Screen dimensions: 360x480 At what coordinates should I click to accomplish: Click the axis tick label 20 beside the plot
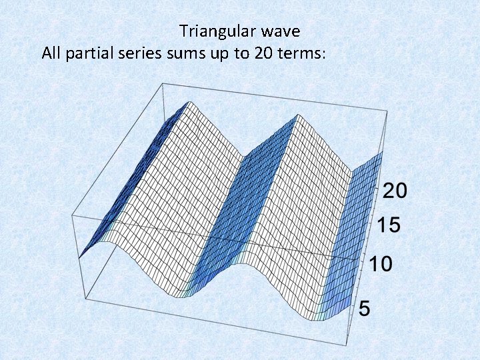[395, 191]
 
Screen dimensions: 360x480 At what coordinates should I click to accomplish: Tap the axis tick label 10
[381, 265]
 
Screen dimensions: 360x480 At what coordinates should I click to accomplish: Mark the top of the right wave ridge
[298, 114]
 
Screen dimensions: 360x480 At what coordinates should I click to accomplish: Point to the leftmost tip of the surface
[79, 257]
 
